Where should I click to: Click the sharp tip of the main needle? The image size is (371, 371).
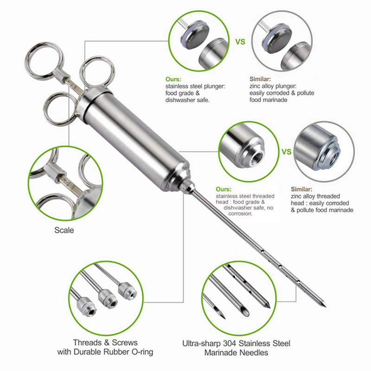click(326, 307)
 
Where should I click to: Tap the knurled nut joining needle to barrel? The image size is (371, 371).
click(185, 184)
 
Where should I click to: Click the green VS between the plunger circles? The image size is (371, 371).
click(240, 42)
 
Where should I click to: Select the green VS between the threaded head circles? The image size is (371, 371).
click(286, 152)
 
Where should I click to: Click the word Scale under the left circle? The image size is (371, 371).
click(64, 230)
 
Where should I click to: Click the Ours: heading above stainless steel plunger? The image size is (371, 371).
click(173, 79)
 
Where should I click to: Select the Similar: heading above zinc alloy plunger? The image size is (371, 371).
click(260, 79)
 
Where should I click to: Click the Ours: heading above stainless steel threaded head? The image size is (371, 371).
click(224, 189)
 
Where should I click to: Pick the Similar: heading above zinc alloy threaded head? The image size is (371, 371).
click(301, 189)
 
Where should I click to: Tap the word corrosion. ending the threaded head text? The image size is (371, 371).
click(240, 214)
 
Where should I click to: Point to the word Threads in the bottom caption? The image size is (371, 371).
click(87, 342)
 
